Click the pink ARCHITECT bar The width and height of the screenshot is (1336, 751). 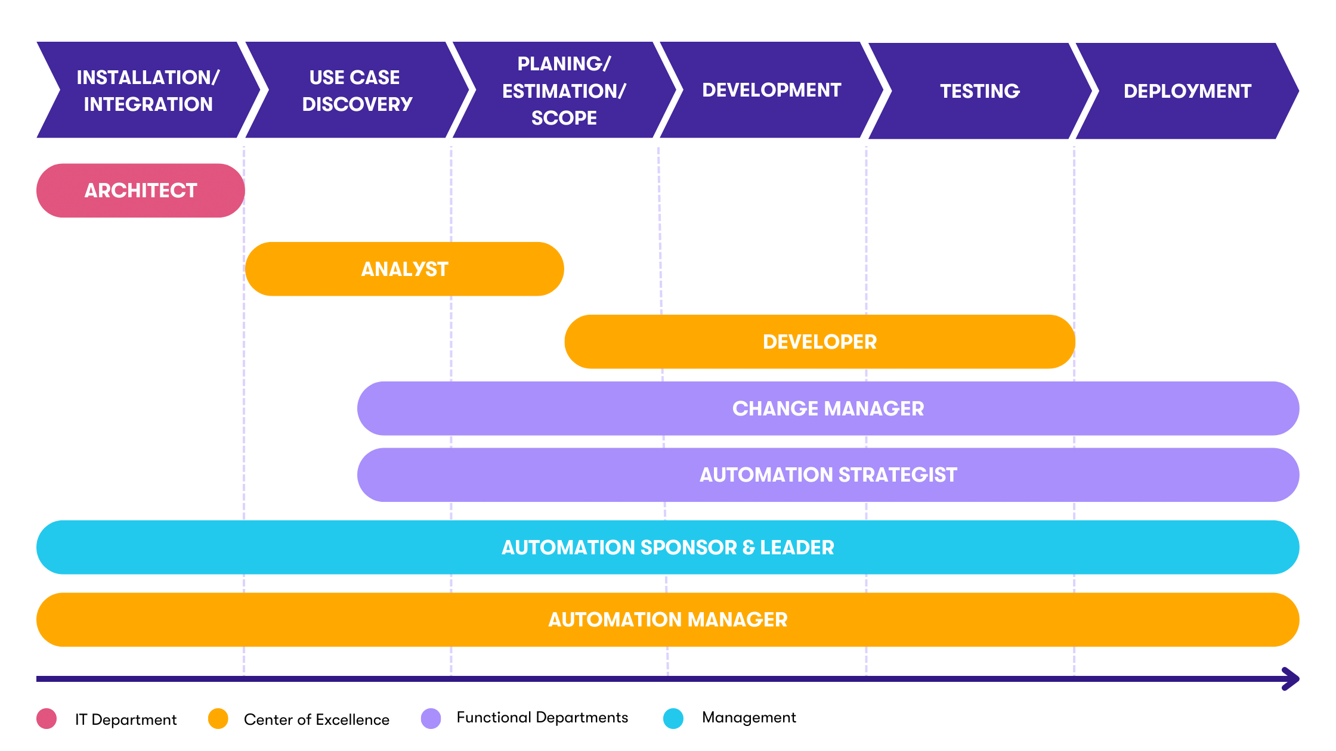[141, 191]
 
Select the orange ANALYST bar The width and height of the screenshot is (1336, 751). [404, 269]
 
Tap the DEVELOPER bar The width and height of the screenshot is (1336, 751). [819, 342]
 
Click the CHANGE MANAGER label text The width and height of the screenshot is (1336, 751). [828, 409]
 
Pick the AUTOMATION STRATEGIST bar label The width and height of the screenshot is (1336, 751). [828, 475]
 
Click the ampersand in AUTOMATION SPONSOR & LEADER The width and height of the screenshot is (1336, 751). [749, 548]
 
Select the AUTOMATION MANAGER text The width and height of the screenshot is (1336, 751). [667, 620]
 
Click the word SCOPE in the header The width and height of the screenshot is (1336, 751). [564, 118]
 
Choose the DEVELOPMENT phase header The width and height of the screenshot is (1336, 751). [771, 90]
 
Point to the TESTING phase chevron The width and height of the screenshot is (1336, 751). [979, 91]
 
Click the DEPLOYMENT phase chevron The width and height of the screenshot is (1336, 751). [1187, 91]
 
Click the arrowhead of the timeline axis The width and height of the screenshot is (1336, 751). [1292, 679]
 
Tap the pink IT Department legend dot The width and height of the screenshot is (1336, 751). [47, 719]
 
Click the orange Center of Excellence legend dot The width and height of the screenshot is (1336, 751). [218, 719]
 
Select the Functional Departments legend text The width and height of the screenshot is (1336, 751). [542, 718]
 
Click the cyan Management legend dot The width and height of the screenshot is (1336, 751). [673, 719]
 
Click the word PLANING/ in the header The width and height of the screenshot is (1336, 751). [564, 64]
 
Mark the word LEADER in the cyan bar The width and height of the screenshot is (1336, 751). [797, 548]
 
